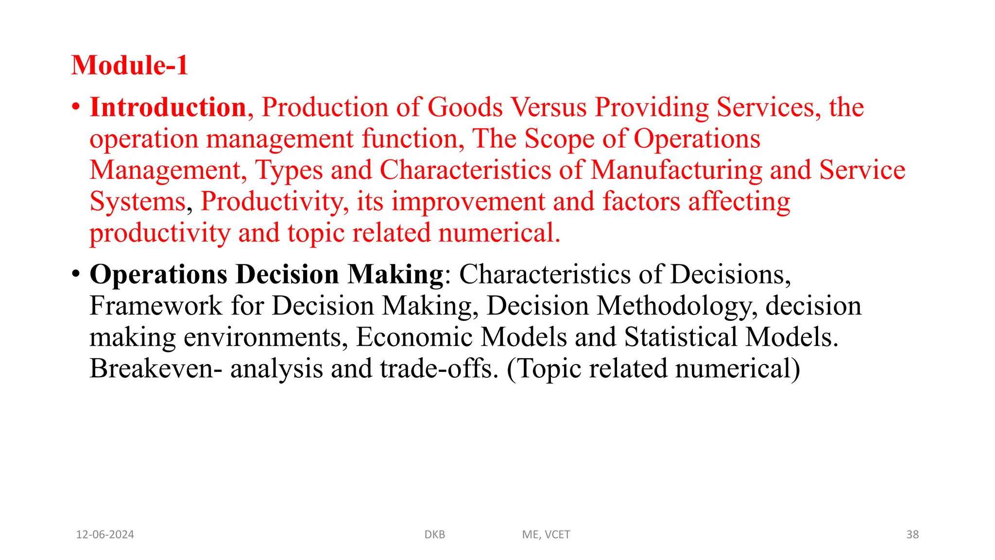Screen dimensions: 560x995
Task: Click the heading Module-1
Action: (130, 65)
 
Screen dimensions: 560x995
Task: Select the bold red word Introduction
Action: (168, 107)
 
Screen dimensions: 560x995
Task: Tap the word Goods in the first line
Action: (465, 107)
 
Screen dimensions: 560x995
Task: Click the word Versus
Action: (549, 107)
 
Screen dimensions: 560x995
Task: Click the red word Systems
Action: (138, 202)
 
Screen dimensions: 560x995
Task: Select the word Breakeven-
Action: (156, 369)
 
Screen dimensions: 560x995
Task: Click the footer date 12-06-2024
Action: (105, 535)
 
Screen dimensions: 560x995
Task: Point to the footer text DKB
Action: (435, 535)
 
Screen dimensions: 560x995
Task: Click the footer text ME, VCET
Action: (546, 535)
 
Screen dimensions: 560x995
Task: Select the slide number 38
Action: (912, 535)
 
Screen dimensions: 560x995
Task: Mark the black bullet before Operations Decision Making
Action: (75, 274)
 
